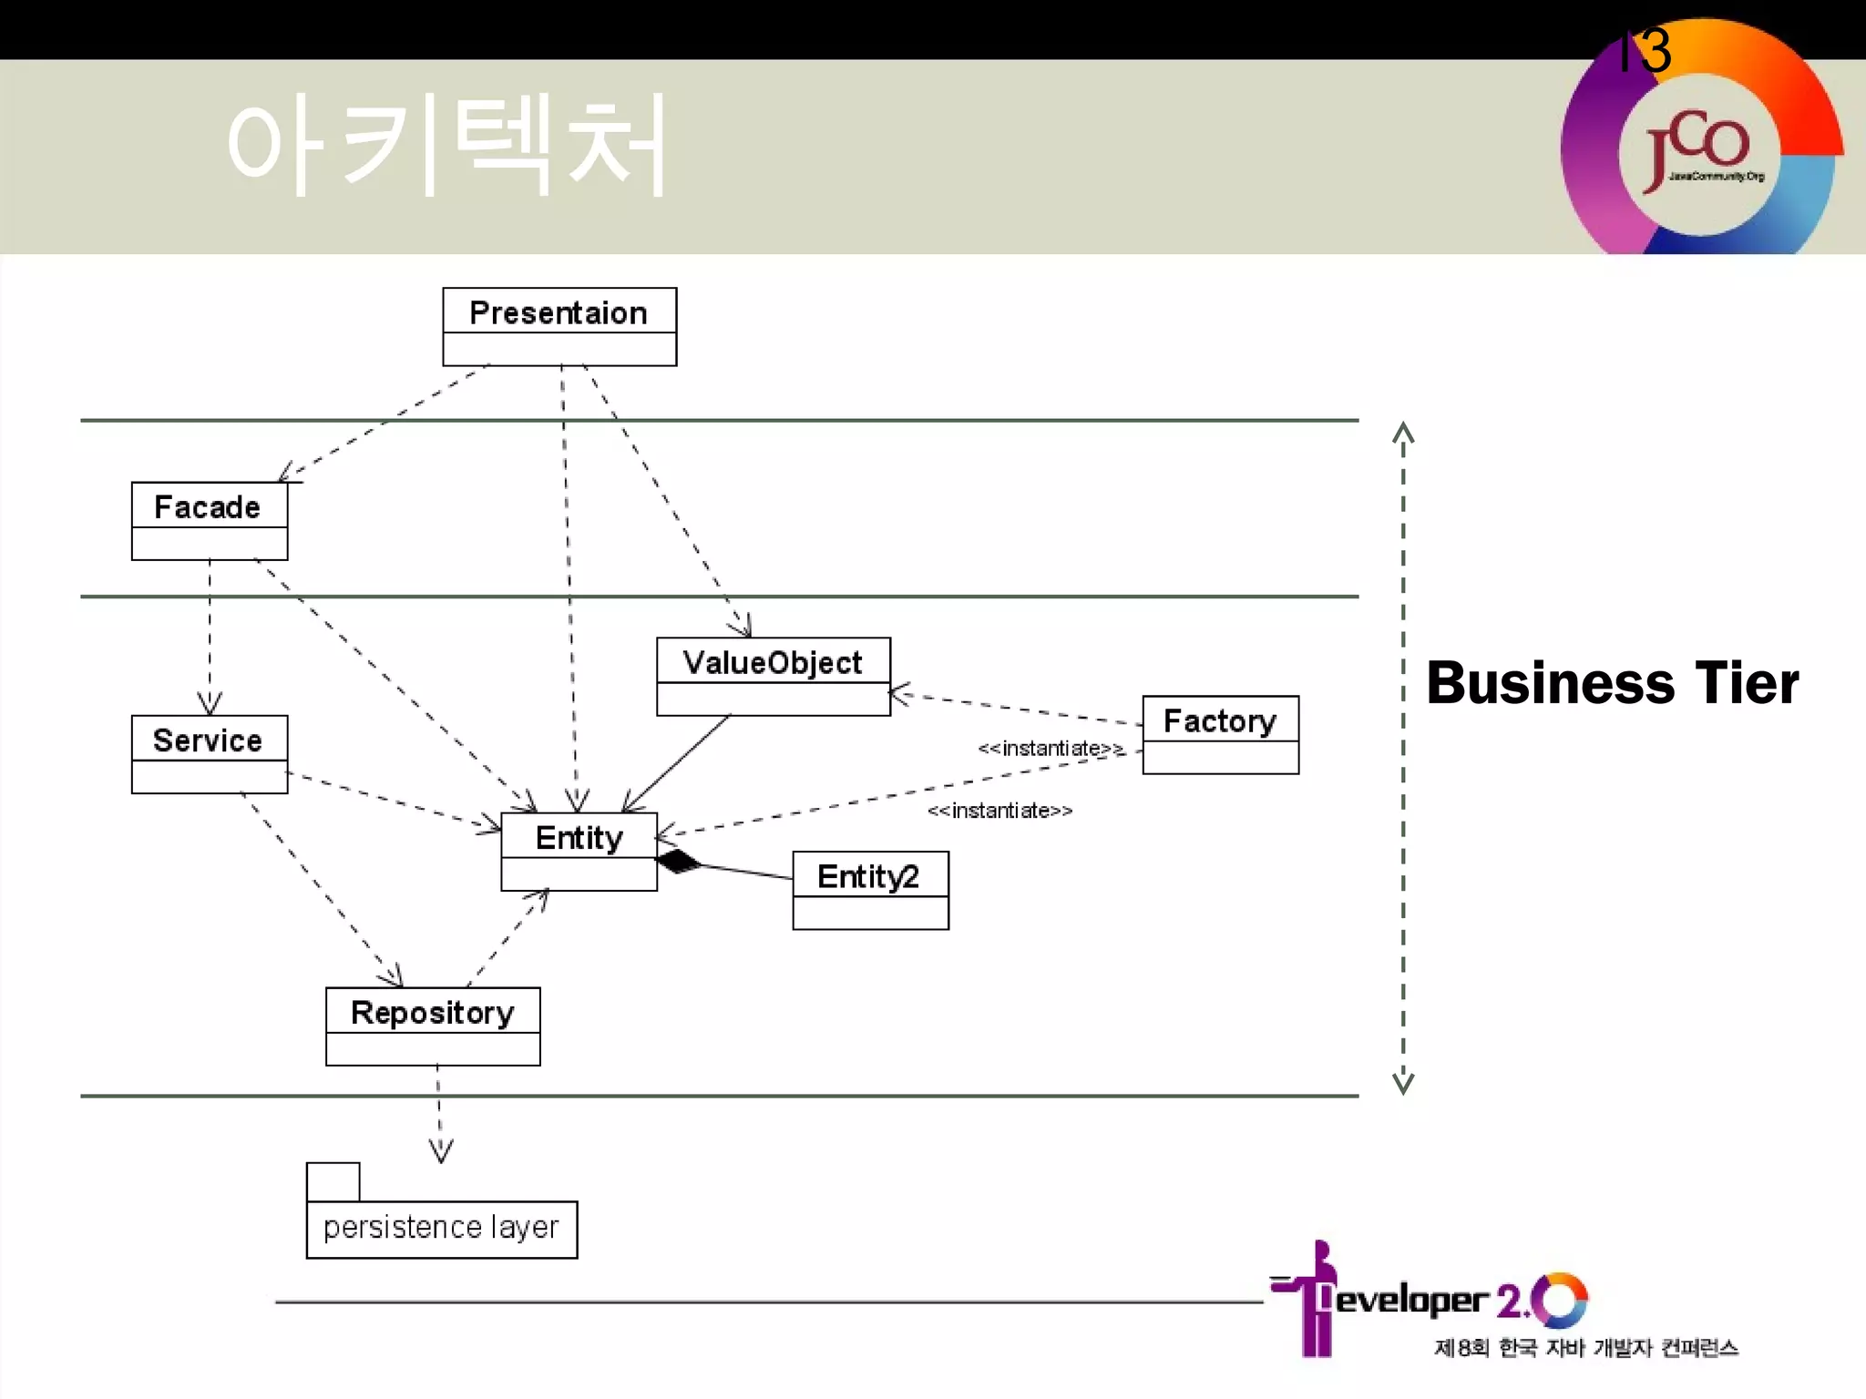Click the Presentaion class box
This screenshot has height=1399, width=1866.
coord(559,326)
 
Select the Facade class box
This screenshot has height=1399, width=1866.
coord(210,520)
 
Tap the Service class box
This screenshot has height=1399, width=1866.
coord(210,753)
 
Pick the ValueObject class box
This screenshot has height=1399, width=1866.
coord(773,676)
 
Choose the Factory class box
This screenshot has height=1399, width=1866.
coord(1220,734)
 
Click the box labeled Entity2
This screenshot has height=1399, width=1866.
coord(870,890)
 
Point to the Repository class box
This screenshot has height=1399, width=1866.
coord(433,1026)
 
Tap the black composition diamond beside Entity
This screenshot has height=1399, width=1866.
coord(679,861)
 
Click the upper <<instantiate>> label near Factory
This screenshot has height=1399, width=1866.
coord(1051,749)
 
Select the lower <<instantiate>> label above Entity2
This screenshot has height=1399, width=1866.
coord(1000,811)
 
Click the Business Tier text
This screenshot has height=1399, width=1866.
coord(1612,683)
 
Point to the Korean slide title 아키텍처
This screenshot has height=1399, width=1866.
coord(446,146)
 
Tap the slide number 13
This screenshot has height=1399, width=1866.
coord(1645,50)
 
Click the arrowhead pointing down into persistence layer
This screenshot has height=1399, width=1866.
coord(441,1152)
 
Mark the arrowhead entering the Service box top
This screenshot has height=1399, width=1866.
coord(210,703)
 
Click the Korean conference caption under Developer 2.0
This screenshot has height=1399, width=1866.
coord(1585,1348)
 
